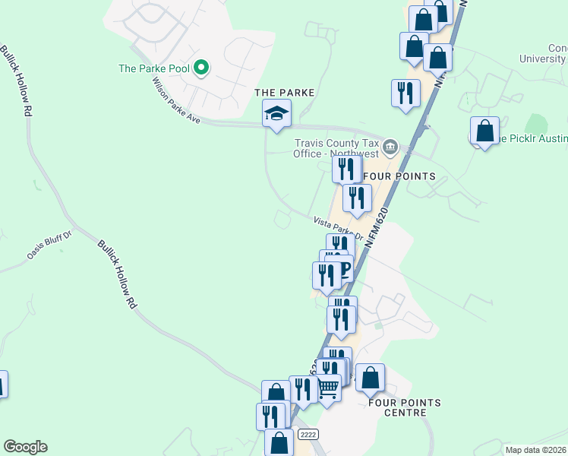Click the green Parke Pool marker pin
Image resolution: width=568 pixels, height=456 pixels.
tap(201, 68)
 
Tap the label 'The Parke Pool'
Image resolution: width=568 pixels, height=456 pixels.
tap(153, 68)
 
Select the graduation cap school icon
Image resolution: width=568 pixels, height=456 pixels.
tap(276, 116)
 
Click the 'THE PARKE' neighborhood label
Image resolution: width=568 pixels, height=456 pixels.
tap(284, 92)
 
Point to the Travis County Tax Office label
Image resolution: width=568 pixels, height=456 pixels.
tap(335, 147)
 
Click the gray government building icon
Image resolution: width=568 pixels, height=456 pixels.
tap(390, 145)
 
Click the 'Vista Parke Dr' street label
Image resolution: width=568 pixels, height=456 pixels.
tap(339, 227)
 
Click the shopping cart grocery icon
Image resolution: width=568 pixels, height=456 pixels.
tap(327, 388)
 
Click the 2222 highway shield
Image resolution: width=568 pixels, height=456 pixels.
tap(308, 434)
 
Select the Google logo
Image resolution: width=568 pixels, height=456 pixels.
tap(25, 447)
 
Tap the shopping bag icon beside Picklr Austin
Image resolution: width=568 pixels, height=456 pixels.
tap(484, 131)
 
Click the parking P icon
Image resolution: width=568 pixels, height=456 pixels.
tap(344, 268)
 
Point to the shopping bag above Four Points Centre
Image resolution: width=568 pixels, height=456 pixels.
tap(370, 378)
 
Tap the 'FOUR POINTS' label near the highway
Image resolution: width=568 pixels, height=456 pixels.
tap(399, 176)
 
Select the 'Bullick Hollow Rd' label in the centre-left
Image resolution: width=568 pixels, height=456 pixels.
tap(118, 274)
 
